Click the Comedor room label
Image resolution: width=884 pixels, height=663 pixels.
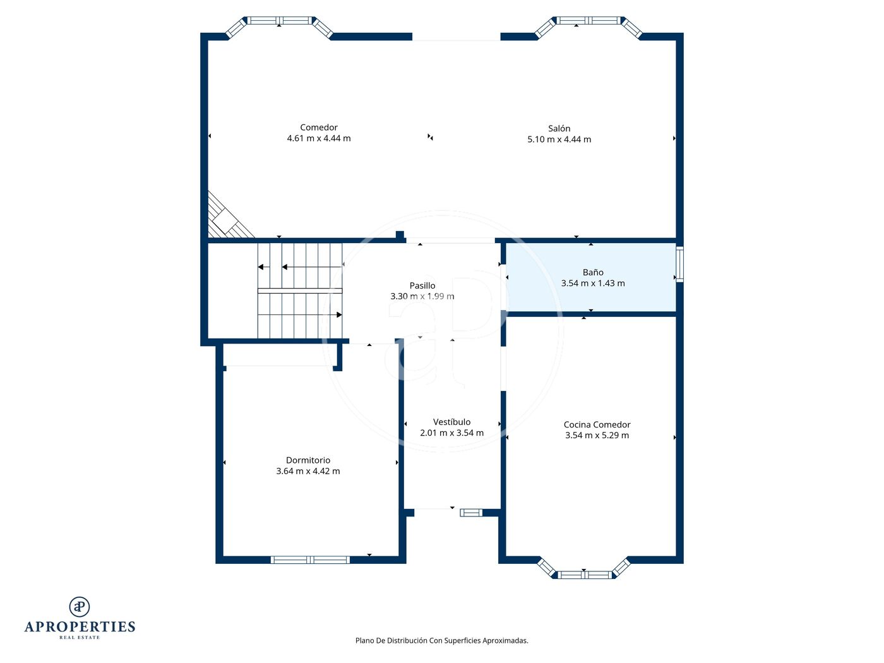coord(319,128)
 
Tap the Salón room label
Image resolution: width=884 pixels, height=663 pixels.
coord(559,128)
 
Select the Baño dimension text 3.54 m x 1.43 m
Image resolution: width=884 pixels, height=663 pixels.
coord(593,284)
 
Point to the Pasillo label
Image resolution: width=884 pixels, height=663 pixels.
coord(422,286)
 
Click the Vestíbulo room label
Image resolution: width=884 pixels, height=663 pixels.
coord(451,422)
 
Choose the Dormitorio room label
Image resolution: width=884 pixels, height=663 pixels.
coord(308,460)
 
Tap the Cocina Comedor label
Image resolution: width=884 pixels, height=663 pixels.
coord(597,424)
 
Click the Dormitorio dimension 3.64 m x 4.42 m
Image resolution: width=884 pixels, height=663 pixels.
coord(308,471)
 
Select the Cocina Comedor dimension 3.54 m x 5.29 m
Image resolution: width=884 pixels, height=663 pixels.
coord(597,435)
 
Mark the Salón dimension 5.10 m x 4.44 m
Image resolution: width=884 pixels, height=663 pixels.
coord(559,140)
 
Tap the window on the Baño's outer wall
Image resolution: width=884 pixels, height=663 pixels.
coord(679,264)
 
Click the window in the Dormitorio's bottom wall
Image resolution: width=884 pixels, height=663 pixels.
coord(310,559)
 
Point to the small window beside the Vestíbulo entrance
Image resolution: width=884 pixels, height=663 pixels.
coord(471,513)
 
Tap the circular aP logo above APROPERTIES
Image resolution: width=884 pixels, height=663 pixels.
coord(80,607)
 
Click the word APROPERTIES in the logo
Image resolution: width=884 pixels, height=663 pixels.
coord(80,627)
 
